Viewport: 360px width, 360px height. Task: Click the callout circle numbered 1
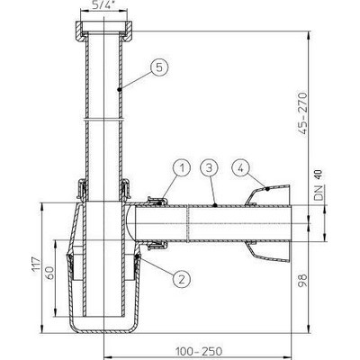click(x=180, y=166)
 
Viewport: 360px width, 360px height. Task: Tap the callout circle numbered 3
click(x=208, y=166)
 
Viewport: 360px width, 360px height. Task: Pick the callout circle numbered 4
click(x=240, y=166)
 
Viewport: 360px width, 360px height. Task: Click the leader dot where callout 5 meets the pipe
click(x=121, y=90)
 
